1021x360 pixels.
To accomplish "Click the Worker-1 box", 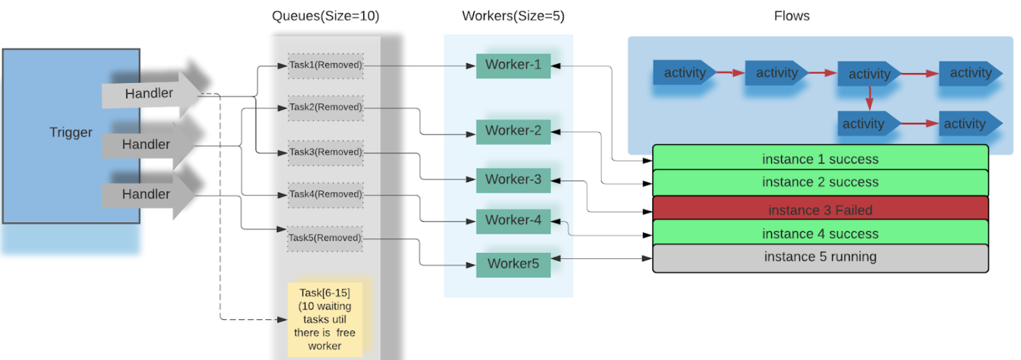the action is [513, 65].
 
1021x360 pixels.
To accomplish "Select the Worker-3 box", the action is [513, 180].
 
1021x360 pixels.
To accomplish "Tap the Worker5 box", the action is [513, 264].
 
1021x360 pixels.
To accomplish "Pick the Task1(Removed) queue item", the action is [325, 65].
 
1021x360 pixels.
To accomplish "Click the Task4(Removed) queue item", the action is [325, 195].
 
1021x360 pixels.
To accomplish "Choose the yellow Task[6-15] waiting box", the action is [325, 319].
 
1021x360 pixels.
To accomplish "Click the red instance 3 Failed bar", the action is [820, 209].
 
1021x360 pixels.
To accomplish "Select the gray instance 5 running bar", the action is [820, 258].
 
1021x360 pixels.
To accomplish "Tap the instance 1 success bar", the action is [820, 158].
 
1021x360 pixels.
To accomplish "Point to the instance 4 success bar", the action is [820, 233].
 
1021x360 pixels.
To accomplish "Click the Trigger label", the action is [71, 132].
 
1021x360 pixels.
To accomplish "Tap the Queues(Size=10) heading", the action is [325, 16].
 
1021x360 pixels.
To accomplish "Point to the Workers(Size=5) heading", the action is [513, 16].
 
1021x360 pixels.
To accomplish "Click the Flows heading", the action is [791, 16].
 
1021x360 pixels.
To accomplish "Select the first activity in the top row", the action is [684, 73].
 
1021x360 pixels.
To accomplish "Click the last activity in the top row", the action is [970, 73].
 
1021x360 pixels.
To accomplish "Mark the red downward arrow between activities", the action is [869, 98].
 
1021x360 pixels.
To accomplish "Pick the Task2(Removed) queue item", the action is [325, 108].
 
